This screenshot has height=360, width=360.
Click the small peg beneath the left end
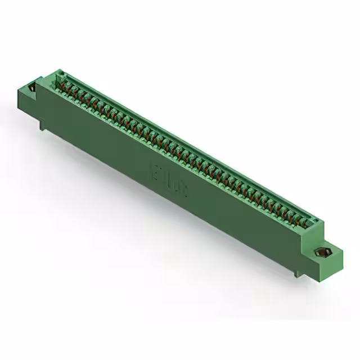tap(42, 125)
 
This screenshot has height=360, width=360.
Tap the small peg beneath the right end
tap(302, 274)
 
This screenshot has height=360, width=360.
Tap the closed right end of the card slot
tap(314, 222)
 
